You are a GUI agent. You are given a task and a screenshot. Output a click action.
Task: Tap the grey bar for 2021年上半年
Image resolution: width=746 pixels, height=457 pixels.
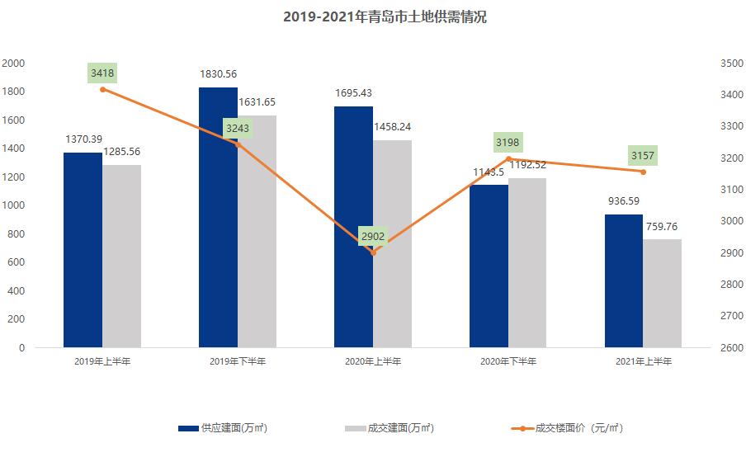click(x=662, y=293)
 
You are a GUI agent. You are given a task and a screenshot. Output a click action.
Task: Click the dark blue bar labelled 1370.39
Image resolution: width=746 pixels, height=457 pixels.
click(x=83, y=250)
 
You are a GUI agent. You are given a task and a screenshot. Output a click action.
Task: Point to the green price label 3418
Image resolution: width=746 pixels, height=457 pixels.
click(x=102, y=73)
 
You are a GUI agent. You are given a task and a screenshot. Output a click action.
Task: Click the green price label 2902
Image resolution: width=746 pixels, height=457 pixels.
click(x=373, y=237)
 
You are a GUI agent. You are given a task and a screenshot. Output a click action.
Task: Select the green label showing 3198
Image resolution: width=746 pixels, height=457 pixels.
click(x=508, y=143)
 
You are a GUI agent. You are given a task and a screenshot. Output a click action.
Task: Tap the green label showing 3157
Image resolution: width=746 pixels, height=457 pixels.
click(x=643, y=156)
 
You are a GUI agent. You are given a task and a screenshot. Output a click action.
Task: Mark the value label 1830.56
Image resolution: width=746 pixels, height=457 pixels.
click(x=218, y=74)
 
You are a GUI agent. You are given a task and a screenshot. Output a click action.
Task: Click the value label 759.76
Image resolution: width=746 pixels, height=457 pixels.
click(x=663, y=225)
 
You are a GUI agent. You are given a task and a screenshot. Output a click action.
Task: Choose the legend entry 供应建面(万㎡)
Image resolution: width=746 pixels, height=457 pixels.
click(x=223, y=428)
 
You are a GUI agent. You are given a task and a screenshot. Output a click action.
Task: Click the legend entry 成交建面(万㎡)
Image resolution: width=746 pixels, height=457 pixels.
click(x=389, y=428)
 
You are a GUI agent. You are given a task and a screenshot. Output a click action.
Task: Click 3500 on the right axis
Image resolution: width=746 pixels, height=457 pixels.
click(x=732, y=64)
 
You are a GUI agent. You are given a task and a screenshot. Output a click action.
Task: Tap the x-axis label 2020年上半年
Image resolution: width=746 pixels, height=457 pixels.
click(x=373, y=362)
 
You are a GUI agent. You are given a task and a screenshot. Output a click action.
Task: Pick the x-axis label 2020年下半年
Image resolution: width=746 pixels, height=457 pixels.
click(x=508, y=362)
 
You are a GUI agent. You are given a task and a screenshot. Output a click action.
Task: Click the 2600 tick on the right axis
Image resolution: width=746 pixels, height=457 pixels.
click(x=732, y=348)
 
